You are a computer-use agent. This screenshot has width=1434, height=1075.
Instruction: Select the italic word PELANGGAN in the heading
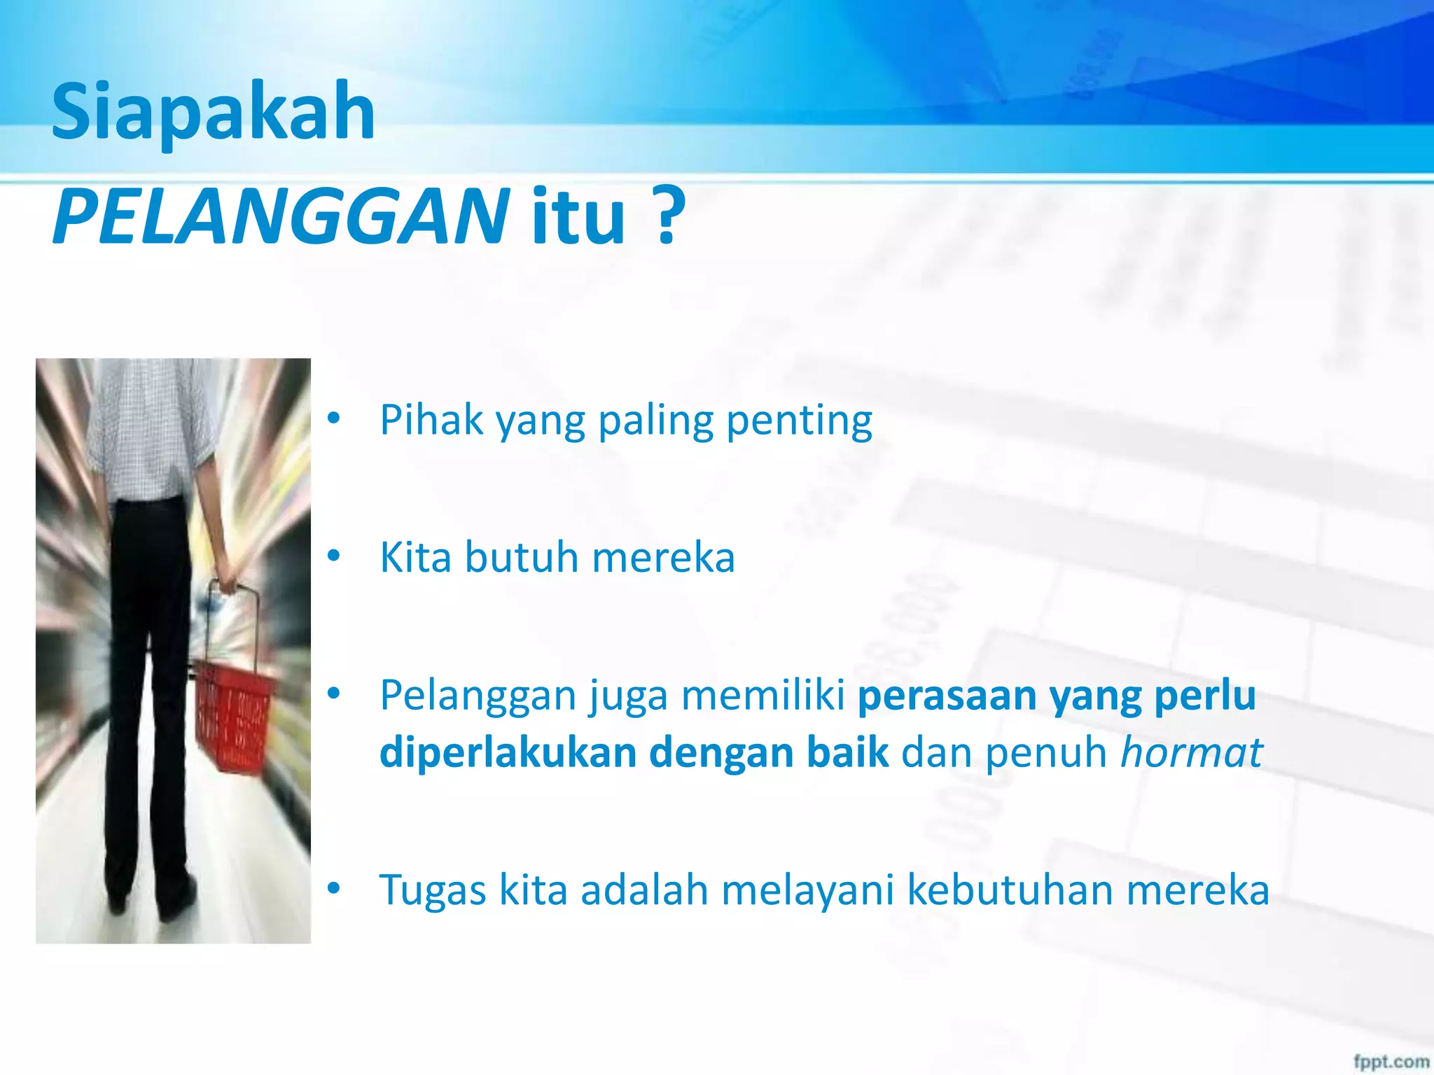(x=281, y=216)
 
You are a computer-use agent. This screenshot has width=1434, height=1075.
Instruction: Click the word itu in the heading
(x=578, y=216)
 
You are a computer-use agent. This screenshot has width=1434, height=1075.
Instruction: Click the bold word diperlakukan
(x=508, y=753)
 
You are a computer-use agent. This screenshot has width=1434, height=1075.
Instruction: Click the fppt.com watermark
(x=1391, y=1061)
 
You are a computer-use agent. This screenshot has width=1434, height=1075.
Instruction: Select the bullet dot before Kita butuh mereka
(x=334, y=557)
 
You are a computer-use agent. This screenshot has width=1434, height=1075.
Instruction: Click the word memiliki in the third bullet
(x=763, y=696)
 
